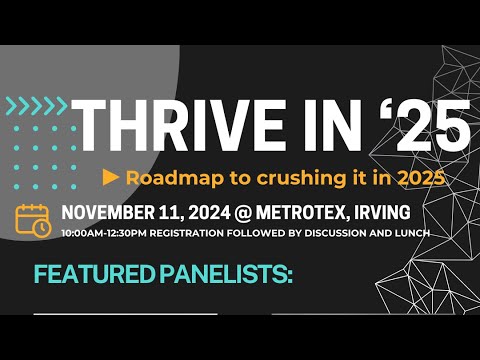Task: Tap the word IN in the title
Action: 317,128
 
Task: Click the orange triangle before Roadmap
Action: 112,177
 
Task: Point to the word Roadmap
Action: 164,177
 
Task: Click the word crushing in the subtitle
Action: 272,177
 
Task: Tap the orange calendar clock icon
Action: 33,219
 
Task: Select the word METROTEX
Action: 295,212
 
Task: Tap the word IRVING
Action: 376,212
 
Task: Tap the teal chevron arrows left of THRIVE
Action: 34,104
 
